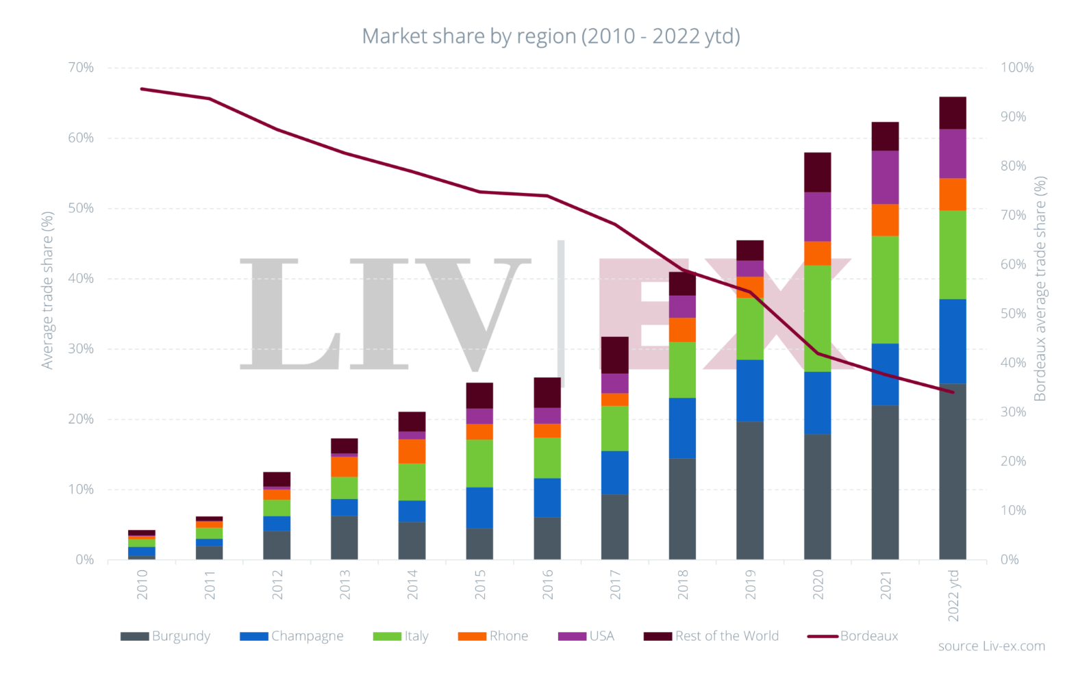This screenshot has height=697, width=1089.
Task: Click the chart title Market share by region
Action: point(551,36)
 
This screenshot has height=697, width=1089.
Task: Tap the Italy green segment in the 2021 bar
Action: point(885,290)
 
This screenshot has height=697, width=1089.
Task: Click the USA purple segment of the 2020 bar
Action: point(817,216)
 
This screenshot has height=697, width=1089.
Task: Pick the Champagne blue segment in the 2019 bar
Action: point(750,390)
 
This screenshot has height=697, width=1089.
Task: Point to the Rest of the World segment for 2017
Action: point(614,355)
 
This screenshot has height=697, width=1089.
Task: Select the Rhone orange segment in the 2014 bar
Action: point(412,451)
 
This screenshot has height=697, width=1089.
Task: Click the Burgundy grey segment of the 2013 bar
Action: point(344,537)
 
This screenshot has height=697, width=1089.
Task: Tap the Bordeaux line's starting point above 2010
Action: point(142,89)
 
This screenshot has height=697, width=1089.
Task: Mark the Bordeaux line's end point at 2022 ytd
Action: point(952,392)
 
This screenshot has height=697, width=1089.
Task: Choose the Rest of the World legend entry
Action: point(712,636)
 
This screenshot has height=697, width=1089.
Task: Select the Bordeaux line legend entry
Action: point(853,636)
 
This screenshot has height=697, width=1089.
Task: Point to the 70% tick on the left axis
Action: point(81,68)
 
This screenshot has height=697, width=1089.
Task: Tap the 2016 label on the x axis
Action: point(547,585)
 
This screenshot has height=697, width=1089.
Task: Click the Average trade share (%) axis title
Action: point(47,290)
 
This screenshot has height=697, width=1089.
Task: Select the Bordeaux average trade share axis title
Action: point(1040,289)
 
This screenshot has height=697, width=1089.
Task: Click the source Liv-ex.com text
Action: point(991,646)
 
